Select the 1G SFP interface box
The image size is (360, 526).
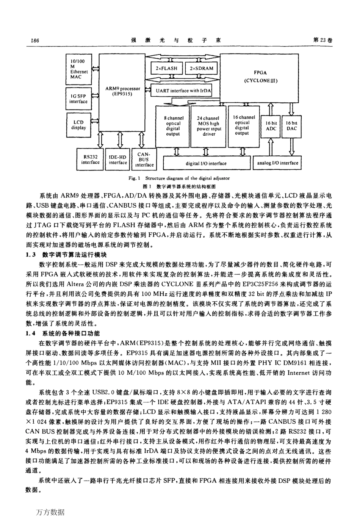tap(78, 99)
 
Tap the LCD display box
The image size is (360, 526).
tap(78, 125)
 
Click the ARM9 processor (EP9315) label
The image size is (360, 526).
tap(122, 91)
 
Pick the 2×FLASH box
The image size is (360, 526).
tap(166, 69)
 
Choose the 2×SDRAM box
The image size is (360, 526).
tap(202, 69)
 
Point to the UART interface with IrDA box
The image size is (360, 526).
tap(183, 91)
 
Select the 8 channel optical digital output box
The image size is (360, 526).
tap(173, 126)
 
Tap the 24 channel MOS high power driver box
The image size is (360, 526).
tap(208, 126)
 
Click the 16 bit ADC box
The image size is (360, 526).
tap(271, 126)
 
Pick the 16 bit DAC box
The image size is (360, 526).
tap(291, 126)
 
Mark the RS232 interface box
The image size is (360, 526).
tap(90, 160)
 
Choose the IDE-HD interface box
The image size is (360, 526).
tap(118, 160)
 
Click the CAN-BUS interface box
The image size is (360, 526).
tap(144, 160)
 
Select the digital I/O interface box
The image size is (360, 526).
tap(206, 163)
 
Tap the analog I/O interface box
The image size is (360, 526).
tap(278, 163)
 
